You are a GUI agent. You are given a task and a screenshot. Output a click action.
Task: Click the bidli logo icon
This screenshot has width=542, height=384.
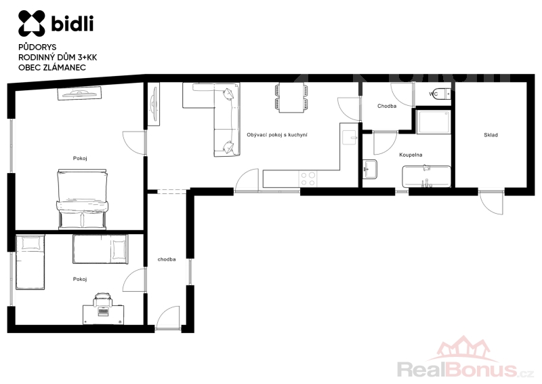tap(31, 23)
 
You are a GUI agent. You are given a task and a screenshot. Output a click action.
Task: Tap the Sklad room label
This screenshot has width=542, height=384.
tap(491, 135)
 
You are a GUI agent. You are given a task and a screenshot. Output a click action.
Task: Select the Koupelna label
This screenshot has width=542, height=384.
tap(411, 155)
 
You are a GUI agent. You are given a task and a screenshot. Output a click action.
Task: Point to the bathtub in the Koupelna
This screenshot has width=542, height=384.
tap(426, 176)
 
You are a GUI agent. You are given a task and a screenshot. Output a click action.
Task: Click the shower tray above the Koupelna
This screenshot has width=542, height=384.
tap(434, 121)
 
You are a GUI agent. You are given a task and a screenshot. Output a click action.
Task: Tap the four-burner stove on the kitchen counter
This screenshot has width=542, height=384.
tap(308, 178)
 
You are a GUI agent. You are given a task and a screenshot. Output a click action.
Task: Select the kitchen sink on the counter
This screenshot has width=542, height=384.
tap(348, 138)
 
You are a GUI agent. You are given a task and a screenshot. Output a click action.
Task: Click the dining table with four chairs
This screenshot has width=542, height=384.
tap(291, 98)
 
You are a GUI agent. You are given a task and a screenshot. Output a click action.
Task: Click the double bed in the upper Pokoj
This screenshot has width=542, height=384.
tap(82, 199)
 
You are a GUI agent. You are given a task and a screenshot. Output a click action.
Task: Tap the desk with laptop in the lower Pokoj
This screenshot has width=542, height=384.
tap(103, 314)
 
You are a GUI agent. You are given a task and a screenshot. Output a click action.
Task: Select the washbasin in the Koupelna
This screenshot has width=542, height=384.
tap(370, 169)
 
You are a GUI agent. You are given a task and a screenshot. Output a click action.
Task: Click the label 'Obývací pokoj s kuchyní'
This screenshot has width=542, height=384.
tap(277, 135)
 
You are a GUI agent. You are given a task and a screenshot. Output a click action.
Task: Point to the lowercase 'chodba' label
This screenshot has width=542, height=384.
tap(167, 259)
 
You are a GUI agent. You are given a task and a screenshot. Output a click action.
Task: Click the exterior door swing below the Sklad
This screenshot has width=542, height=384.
tap(490, 202)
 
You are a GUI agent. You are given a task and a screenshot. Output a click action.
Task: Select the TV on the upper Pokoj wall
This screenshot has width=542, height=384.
tap(79, 93)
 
